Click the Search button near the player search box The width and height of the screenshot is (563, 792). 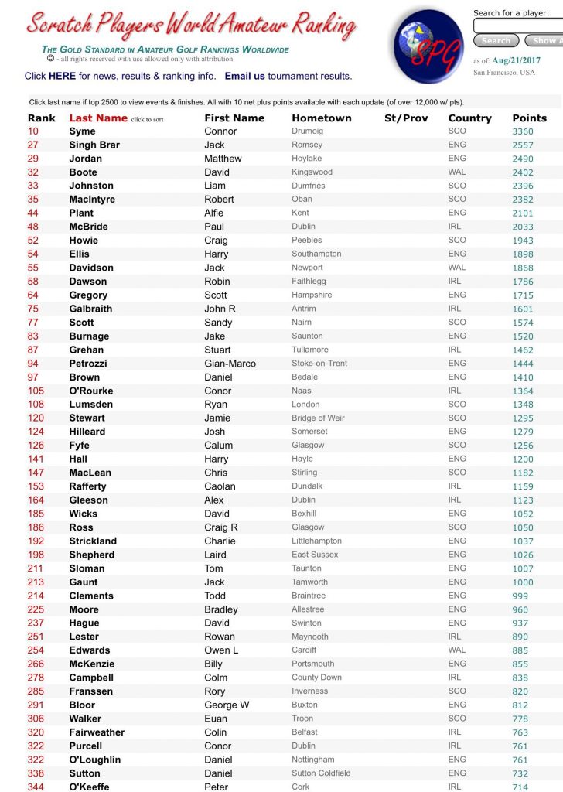(496, 41)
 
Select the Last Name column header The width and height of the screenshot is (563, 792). (98, 118)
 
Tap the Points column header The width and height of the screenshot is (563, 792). (529, 118)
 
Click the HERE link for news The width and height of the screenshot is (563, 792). (62, 76)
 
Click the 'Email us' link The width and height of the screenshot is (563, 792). (245, 76)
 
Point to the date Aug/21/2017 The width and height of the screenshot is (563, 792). (516, 60)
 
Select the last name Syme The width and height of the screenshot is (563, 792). (83, 131)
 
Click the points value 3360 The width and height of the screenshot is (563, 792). (523, 131)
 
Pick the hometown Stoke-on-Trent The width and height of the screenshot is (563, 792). (319, 364)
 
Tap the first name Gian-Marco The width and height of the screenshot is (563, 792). (230, 364)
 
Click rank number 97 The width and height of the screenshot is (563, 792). (33, 377)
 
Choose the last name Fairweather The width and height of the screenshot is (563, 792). (97, 732)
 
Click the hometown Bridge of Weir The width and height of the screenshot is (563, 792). (318, 418)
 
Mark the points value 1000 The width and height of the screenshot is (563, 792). (523, 582)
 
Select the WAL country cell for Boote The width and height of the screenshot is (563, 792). (457, 172)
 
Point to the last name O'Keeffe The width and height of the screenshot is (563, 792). (89, 787)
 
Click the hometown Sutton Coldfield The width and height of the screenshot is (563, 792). (321, 773)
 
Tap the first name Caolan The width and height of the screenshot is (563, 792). (220, 486)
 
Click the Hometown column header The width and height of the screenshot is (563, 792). (321, 118)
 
